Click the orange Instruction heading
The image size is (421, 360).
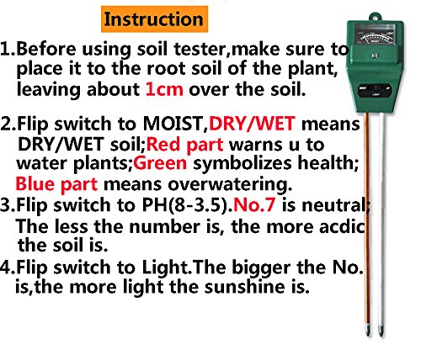(x=154, y=19)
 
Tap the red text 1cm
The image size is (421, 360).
(x=164, y=89)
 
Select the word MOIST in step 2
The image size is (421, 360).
(x=174, y=123)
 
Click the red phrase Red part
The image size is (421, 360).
(x=185, y=145)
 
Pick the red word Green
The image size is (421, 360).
(x=160, y=163)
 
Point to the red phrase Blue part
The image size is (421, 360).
(x=56, y=184)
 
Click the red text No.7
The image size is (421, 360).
(x=254, y=204)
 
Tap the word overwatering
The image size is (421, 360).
(x=230, y=184)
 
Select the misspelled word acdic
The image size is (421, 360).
(x=342, y=226)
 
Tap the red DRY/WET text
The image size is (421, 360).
(x=252, y=123)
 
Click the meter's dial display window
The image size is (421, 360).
(x=375, y=34)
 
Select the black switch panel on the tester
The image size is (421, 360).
(x=375, y=90)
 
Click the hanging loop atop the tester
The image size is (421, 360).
(x=375, y=17)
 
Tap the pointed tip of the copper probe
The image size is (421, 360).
(x=367, y=334)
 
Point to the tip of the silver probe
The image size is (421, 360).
(x=381, y=334)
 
